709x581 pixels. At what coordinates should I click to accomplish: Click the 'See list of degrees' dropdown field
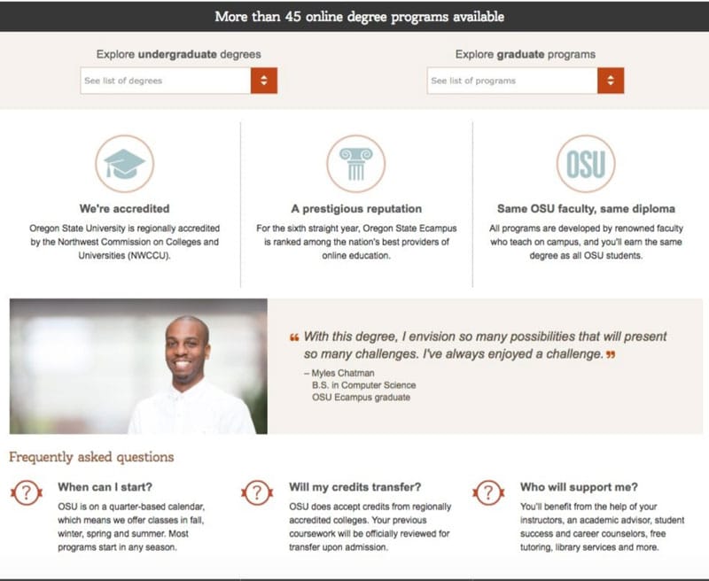(166, 81)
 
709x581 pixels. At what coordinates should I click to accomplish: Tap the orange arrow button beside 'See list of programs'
(611, 81)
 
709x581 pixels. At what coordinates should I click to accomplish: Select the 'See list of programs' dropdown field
(512, 81)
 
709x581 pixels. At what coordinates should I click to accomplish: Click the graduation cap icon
(124, 164)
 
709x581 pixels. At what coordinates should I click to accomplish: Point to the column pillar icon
(356, 164)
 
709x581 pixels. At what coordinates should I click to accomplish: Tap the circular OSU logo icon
(586, 164)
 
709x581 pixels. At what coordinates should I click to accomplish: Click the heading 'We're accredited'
(124, 209)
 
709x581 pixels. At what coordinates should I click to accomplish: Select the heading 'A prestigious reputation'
(356, 209)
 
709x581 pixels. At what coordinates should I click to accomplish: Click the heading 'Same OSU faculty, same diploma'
(586, 209)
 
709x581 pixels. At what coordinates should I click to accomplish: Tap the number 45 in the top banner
(293, 17)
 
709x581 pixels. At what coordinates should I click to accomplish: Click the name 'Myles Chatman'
(343, 373)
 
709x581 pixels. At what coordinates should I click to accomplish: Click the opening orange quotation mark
(294, 337)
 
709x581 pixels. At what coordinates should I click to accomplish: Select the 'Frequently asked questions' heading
(91, 457)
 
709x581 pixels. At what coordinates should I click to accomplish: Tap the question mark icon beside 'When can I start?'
(27, 492)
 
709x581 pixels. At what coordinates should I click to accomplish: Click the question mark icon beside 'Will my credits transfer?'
(257, 492)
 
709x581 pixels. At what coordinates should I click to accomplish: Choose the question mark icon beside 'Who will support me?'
(488, 492)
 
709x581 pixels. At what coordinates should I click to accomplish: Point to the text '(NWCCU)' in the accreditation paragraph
(149, 256)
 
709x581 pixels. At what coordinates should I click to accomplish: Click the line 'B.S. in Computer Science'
(363, 385)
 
